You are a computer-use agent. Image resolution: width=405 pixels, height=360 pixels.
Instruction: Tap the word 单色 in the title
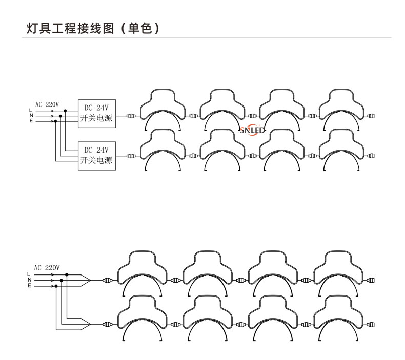[140, 28]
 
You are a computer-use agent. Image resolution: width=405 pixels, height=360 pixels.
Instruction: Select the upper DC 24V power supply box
[97, 113]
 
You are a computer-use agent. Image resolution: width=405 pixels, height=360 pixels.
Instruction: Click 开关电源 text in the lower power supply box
[97, 161]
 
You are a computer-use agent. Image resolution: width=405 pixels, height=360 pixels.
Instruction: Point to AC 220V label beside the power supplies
[47, 104]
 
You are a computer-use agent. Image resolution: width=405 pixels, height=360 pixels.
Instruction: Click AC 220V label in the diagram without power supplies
[47, 267]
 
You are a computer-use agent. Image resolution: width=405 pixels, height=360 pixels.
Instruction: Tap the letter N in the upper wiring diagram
[31, 116]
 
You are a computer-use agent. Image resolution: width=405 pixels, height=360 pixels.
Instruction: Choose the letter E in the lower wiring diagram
[29, 285]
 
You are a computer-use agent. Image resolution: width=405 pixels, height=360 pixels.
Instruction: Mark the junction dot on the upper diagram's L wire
[65, 111]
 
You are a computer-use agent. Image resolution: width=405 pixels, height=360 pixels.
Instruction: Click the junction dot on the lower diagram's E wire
[55, 285]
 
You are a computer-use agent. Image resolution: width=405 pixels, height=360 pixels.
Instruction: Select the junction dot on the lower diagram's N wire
[61, 280]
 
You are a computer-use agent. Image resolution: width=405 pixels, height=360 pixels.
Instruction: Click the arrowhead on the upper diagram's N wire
[52, 116]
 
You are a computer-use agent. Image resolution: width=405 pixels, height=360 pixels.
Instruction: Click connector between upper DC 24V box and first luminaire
[132, 116]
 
